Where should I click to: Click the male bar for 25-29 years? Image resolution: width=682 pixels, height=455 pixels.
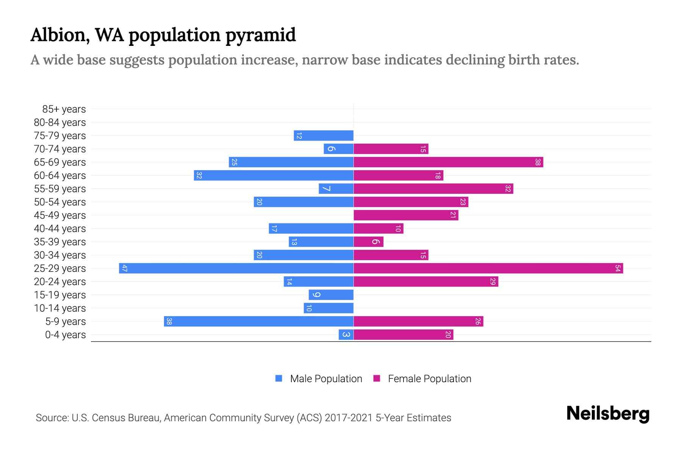(x=236, y=268)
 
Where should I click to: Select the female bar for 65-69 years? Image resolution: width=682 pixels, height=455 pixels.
(x=448, y=162)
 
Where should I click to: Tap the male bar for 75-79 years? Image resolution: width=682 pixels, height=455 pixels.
(x=324, y=136)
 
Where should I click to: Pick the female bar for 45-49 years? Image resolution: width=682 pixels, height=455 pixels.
(x=406, y=215)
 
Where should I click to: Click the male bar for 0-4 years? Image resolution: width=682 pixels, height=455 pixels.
(x=346, y=335)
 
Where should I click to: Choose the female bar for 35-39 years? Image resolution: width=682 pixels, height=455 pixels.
(x=368, y=242)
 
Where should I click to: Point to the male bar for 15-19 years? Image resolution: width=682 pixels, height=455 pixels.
(x=331, y=295)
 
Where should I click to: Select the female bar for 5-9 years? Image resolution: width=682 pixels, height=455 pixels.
(x=418, y=322)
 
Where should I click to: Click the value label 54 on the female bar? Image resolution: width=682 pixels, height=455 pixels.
(x=618, y=268)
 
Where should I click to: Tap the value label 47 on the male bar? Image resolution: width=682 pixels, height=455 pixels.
(x=124, y=268)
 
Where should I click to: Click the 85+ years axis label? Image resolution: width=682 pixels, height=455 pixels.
(x=64, y=109)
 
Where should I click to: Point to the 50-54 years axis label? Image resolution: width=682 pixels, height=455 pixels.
(x=60, y=202)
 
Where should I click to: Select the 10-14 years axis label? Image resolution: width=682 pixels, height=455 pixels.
(x=60, y=308)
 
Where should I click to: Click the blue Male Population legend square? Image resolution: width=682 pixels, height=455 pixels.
(x=279, y=378)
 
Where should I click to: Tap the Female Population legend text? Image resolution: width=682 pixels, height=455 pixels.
(x=429, y=379)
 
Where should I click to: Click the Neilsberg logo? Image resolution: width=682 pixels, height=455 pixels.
(x=608, y=414)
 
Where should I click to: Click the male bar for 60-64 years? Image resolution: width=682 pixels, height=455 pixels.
(x=274, y=176)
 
